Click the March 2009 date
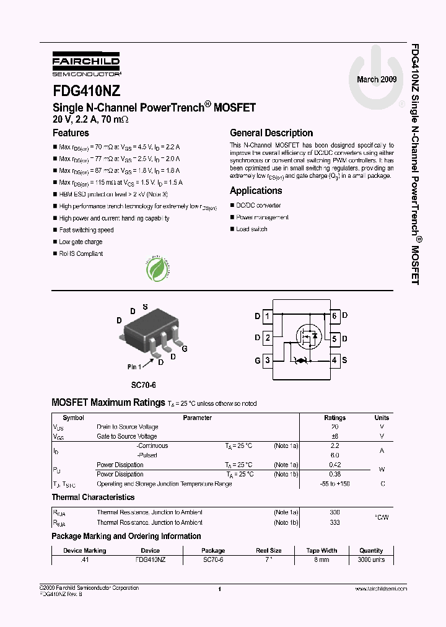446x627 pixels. coord(377,80)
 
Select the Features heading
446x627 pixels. coord(71,133)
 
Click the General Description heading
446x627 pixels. coord(271,133)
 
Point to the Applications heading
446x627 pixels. coord(256,191)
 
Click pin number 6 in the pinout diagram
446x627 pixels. coord(334,316)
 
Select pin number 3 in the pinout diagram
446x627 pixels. coord(267,360)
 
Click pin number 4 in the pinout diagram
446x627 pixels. coord(334,360)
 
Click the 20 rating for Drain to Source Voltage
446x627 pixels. coord(335,427)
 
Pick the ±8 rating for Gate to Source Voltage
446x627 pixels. coord(335,436)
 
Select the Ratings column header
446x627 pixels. coord(335,418)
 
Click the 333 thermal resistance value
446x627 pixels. coord(335,522)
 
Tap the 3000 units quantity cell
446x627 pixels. coord(371,559)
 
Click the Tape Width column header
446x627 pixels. coord(321,550)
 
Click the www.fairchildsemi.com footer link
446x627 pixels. coord(381,589)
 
